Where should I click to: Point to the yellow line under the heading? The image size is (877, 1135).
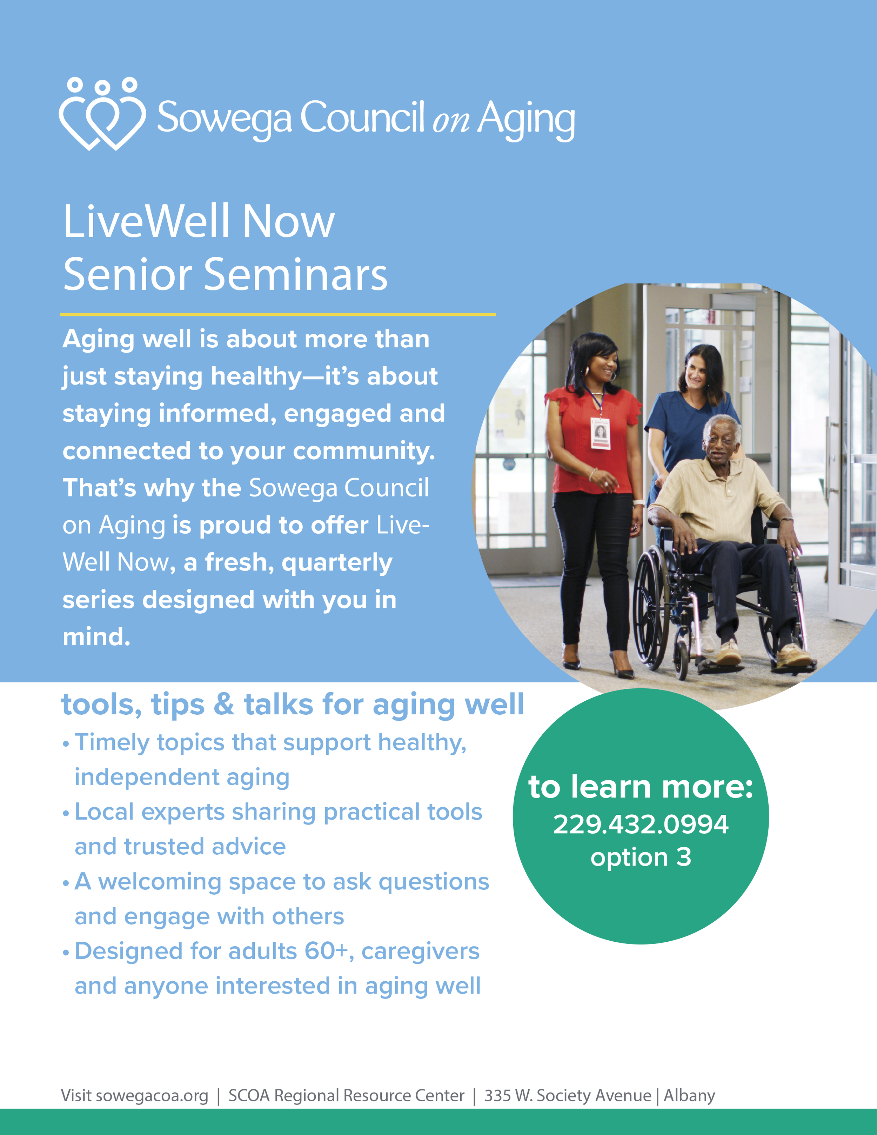277,314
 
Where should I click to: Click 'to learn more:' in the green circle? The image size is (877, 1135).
640,787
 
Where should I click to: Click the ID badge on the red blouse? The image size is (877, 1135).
600,433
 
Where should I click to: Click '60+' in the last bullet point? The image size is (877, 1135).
326,952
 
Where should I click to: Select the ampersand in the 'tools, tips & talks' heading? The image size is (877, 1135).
224,705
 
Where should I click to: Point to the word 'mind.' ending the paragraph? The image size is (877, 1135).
96,637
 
